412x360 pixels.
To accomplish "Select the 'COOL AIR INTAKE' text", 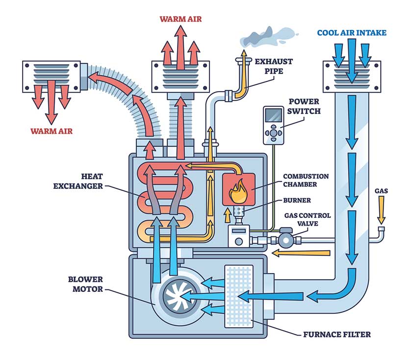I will [352, 33].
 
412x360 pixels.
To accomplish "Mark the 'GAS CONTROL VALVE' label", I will [308, 219].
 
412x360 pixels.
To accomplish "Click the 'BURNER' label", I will [296, 201].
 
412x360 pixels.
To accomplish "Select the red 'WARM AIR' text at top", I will [180, 20].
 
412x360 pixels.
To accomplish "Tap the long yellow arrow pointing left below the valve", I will [302, 253].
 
